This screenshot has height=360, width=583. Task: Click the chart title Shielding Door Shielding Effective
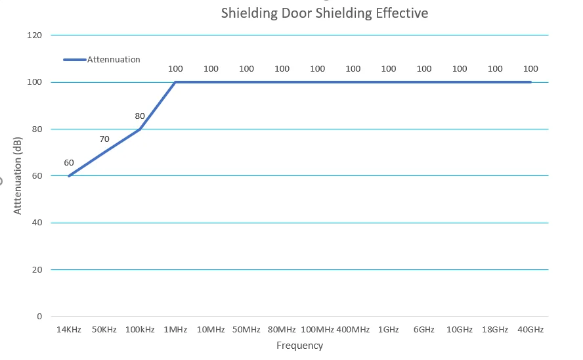pyautogui.click(x=324, y=13)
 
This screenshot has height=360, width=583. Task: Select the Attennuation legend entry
pyautogui.click(x=114, y=59)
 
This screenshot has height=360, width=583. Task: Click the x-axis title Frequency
pyautogui.click(x=299, y=346)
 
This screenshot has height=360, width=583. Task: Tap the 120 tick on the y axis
pyautogui.click(x=35, y=35)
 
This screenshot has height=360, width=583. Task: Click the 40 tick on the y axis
pyautogui.click(x=37, y=223)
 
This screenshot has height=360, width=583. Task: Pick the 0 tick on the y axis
pyautogui.click(x=39, y=317)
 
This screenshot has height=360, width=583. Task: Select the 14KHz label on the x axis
pyautogui.click(x=69, y=329)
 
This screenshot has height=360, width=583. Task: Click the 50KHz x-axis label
pyautogui.click(x=104, y=329)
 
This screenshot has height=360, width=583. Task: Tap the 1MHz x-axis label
pyautogui.click(x=175, y=329)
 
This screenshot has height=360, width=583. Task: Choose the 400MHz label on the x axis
pyautogui.click(x=353, y=329)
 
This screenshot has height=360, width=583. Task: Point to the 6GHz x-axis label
pyautogui.click(x=424, y=329)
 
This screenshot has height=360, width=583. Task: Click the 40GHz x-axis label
pyautogui.click(x=530, y=329)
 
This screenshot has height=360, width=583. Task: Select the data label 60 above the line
pyautogui.click(x=69, y=163)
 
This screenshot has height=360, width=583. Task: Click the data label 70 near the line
pyautogui.click(x=104, y=139)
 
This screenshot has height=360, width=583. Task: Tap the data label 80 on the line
pyautogui.click(x=140, y=116)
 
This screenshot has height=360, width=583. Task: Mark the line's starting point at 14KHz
pyautogui.click(x=69, y=175)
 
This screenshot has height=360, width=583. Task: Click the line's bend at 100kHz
pyautogui.click(x=140, y=129)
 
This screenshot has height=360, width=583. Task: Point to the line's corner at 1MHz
pyautogui.click(x=175, y=82)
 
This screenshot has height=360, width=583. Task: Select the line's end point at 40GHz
pyautogui.click(x=530, y=82)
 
